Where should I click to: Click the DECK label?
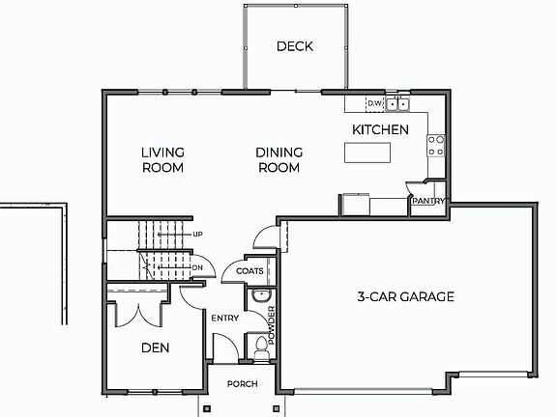click(x=295, y=46)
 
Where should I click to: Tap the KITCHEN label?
click(x=379, y=129)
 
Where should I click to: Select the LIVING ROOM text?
click(x=162, y=159)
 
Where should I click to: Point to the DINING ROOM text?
click(x=279, y=159)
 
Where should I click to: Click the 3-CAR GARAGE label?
click(x=405, y=296)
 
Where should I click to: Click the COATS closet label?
click(x=249, y=271)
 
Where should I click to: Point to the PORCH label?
click(x=242, y=384)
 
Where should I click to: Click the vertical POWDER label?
click(x=272, y=325)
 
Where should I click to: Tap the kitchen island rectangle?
click(x=367, y=153)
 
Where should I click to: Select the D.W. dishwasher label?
click(x=375, y=103)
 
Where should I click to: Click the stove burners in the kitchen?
click(x=436, y=145)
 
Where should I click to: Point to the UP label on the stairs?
click(x=197, y=235)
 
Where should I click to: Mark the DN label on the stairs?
click(x=197, y=267)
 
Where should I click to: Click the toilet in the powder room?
click(x=259, y=343)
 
